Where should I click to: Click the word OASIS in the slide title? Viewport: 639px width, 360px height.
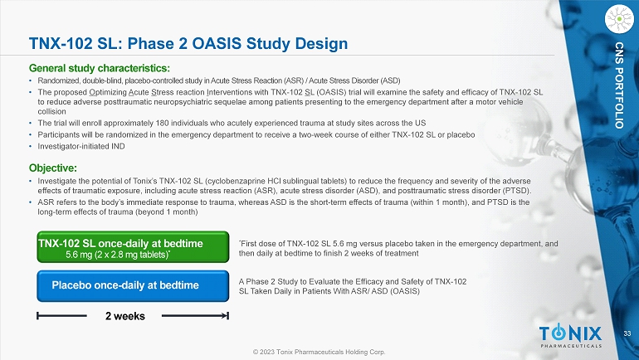[x=217, y=44]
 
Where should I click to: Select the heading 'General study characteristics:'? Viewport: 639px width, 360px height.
[x=100, y=68]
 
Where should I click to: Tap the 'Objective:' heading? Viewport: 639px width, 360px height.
[x=53, y=168]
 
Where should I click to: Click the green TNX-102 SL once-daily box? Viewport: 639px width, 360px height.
[x=133, y=247]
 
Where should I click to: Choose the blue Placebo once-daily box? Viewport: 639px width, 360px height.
[x=133, y=286]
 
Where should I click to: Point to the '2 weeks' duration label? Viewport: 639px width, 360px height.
[x=125, y=316]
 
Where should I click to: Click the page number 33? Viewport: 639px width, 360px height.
[x=627, y=334]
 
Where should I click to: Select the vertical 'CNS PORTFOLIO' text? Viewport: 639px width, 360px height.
[x=619, y=85]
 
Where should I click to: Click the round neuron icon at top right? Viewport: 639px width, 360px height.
[x=619, y=19]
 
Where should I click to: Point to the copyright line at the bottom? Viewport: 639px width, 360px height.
[x=319, y=352]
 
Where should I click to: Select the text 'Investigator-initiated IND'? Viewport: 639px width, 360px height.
[x=81, y=146]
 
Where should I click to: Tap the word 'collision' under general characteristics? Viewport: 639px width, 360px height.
[x=51, y=112]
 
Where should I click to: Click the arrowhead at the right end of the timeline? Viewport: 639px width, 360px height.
[x=226, y=315]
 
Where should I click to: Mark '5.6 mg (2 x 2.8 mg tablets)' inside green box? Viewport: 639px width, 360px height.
[x=118, y=255]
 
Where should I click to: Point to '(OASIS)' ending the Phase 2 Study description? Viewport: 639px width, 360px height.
[x=405, y=291]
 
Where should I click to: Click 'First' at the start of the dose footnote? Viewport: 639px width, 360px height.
[x=248, y=244]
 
